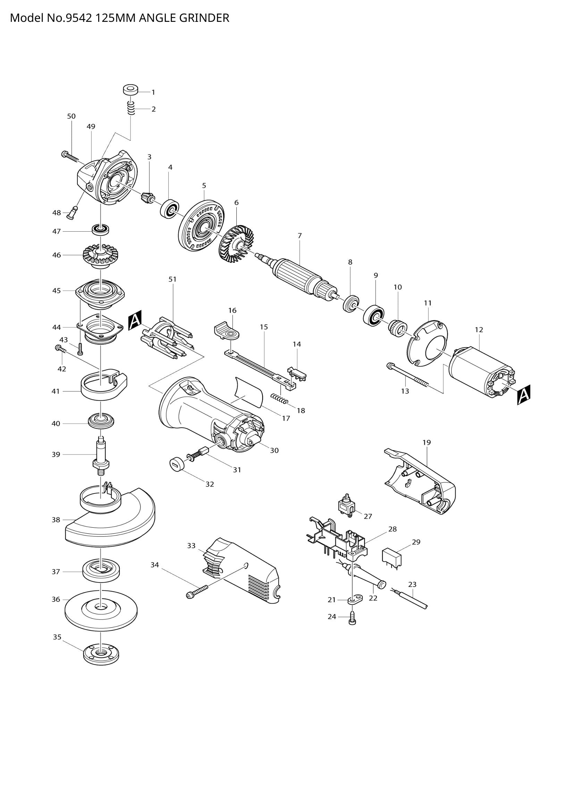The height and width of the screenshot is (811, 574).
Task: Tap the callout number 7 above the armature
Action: pos(300,235)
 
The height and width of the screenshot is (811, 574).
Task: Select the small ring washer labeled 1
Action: pos(131,90)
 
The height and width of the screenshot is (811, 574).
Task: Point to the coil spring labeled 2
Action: pos(131,107)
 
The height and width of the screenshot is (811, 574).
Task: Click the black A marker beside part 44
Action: pos(135,320)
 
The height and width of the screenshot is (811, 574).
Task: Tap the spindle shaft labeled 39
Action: pos(101,455)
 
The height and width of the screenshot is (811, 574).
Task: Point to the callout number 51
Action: pos(172,279)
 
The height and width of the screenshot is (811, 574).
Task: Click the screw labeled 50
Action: pos(70,156)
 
